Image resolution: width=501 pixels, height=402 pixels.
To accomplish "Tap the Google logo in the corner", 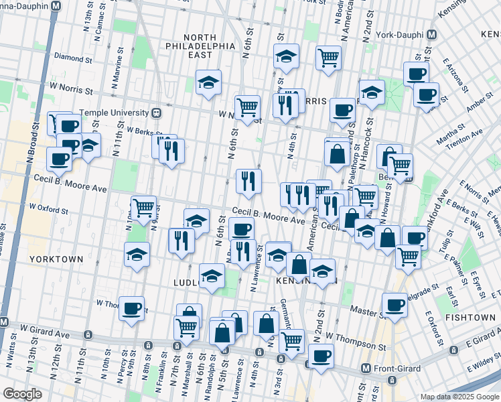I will [21, 394].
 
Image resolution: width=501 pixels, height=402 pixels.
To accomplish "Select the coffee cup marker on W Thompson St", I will [132, 308].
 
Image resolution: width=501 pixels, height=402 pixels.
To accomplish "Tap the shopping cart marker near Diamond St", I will [328, 58].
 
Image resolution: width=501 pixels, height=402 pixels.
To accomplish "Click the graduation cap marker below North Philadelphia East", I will [208, 83].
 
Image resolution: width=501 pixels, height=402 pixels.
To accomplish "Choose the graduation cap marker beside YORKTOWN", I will [137, 255].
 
